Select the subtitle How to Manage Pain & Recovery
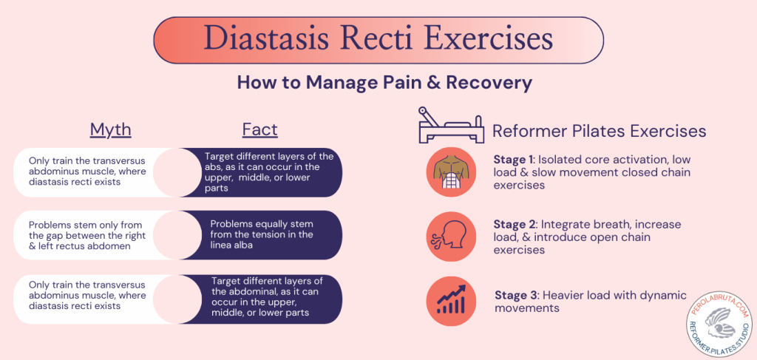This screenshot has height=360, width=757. click(384, 82)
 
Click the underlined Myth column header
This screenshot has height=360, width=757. click(110, 130)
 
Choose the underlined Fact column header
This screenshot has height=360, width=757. click(259, 130)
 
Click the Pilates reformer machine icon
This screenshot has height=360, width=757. click(449, 126)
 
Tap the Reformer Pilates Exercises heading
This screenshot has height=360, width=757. click(599, 132)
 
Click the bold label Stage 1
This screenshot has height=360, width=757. click(515, 159)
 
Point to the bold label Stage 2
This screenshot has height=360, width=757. click(515, 224)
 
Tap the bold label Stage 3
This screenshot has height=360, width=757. click(516, 295)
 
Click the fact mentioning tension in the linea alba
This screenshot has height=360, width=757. click(262, 234)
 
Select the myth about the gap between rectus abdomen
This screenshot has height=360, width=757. click(89, 234)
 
